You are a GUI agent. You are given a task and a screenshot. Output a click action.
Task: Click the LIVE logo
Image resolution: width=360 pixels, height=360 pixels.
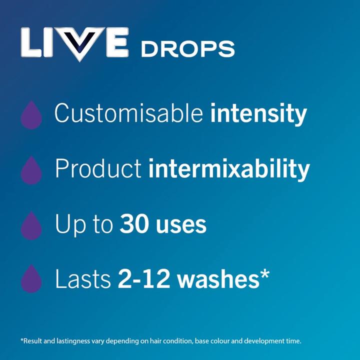tap(75, 45)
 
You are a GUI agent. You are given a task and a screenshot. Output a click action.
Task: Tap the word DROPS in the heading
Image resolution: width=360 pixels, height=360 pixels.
tap(187, 49)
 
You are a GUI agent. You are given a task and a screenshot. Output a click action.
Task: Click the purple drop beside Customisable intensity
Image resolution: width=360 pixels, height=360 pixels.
tap(31, 115)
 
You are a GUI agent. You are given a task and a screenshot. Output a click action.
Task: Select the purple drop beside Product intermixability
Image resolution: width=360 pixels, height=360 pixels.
tap(31, 170)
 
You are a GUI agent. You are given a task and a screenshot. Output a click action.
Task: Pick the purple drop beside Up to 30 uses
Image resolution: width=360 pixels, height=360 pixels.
tap(31, 225)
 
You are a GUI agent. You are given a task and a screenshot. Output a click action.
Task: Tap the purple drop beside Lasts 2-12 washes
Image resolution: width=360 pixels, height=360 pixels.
tap(31, 278)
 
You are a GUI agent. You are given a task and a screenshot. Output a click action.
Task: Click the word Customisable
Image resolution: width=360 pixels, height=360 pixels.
tap(129, 114)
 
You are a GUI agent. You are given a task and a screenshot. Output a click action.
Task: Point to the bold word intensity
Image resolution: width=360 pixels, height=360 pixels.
tap(258, 114)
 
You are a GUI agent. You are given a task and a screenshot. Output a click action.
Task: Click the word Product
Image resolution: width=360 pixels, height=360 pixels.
tap(98, 169)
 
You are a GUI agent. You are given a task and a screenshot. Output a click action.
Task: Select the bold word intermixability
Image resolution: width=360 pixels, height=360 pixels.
tap(229, 169)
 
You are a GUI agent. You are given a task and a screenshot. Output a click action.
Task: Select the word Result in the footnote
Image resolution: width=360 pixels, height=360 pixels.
tap(33, 341)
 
